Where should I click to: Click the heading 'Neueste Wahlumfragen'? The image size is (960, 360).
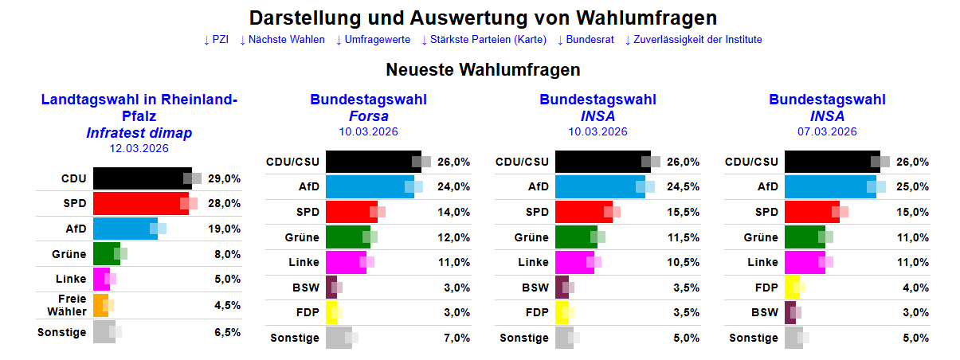pyautogui.click(x=483, y=70)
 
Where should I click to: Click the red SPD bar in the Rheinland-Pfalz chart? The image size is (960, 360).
pyautogui.click(x=140, y=204)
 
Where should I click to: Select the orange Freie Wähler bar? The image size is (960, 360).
pyautogui.click(x=100, y=305)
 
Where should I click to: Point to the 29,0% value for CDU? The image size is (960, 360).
pyautogui.click(x=224, y=178)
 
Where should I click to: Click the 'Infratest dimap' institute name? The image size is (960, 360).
pyautogui.click(x=139, y=133)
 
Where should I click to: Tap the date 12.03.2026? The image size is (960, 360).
pyautogui.click(x=139, y=147)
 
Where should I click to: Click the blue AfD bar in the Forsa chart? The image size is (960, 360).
pyautogui.click(x=369, y=187)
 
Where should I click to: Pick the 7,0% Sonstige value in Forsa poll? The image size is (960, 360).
pyautogui.click(x=453, y=338)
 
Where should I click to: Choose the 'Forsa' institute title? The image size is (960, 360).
pyautogui.click(x=368, y=116)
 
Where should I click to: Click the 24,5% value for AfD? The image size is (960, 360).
pyautogui.click(x=683, y=187)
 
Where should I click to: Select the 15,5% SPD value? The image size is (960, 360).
pyautogui.click(x=683, y=212)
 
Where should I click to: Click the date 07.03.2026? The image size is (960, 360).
pyautogui.click(x=827, y=131)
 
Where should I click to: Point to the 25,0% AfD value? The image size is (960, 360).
pyautogui.click(x=912, y=187)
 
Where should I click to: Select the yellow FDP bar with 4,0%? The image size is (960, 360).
pyautogui.click(x=792, y=288)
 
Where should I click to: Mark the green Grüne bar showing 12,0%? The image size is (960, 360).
pyautogui.click(x=347, y=237)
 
